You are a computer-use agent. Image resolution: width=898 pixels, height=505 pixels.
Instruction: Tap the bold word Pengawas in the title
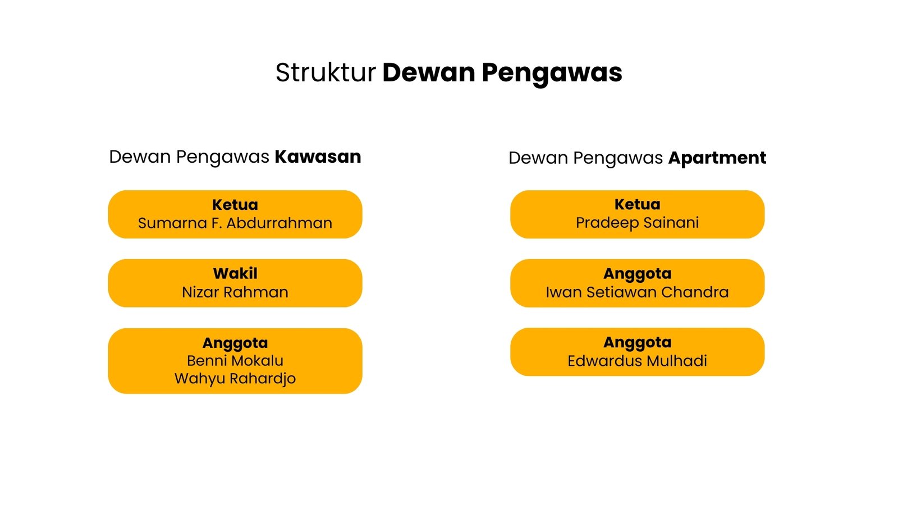pyautogui.click(x=552, y=74)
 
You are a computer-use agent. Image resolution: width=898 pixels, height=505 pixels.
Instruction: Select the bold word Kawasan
pyautogui.click(x=318, y=157)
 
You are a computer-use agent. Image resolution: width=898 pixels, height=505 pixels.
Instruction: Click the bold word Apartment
pyautogui.click(x=717, y=158)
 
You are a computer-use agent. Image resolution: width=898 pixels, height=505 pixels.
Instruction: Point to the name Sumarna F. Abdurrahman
pyautogui.click(x=235, y=223)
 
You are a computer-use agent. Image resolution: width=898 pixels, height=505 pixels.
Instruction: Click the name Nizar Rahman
pyautogui.click(x=235, y=292)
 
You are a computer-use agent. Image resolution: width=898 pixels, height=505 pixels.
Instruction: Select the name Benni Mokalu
pyautogui.click(x=235, y=361)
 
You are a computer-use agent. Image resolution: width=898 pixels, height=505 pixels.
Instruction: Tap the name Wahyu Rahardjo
pyautogui.click(x=235, y=379)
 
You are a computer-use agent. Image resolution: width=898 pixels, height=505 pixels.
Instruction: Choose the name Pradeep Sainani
pyautogui.click(x=638, y=223)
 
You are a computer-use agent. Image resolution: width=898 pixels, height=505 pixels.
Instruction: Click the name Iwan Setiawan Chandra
pyautogui.click(x=638, y=292)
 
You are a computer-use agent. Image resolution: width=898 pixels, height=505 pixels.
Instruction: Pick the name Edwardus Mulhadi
pyautogui.click(x=638, y=361)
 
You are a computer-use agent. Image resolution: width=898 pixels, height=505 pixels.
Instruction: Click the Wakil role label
pyautogui.click(x=235, y=274)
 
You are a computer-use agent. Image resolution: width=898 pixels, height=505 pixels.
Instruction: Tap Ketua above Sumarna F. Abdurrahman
pyautogui.click(x=235, y=205)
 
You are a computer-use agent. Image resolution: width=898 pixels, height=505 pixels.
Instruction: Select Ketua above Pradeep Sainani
pyautogui.click(x=638, y=204)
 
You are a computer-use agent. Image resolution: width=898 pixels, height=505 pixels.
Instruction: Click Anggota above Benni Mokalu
pyautogui.click(x=235, y=343)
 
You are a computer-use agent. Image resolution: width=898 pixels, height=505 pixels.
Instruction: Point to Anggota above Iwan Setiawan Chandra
pyautogui.click(x=638, y=274)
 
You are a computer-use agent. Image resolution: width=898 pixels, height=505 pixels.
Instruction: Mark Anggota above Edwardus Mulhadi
pyautogui.click(x=638, y=343)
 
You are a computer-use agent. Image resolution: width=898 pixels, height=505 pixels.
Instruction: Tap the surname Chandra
pyautogui.click(x=695, y=292)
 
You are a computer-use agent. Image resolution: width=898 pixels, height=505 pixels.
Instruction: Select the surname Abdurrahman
pyautogui.click(x=280, y=223)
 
